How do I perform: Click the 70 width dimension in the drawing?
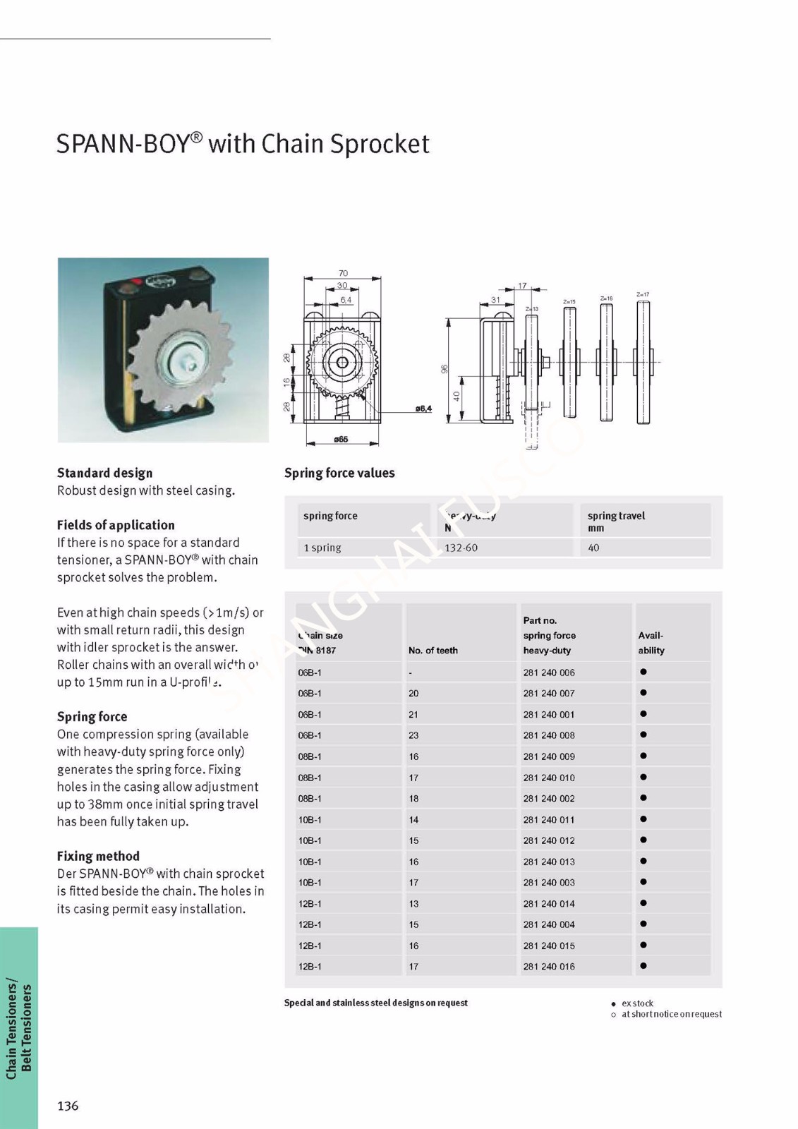[343, 273]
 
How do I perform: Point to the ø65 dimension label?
[341, 440]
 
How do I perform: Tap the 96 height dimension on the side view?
[445, 370]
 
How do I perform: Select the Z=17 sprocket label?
[642, 294]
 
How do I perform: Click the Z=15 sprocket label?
[569, 301]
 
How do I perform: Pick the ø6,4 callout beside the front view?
[423, 409]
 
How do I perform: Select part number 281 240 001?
[549, 714]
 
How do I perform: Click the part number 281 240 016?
[549, 967]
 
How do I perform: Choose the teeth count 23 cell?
[413, 735]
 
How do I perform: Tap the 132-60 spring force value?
[461, 548]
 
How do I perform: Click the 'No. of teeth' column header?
[433, 651]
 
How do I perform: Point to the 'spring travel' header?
[616, 516]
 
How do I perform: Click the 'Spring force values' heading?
[339, 473]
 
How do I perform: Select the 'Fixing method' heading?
[98, 856]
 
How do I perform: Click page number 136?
[68, 1106]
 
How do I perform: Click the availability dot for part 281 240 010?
[643, 777]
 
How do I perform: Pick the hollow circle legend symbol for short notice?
[614, 1015]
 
